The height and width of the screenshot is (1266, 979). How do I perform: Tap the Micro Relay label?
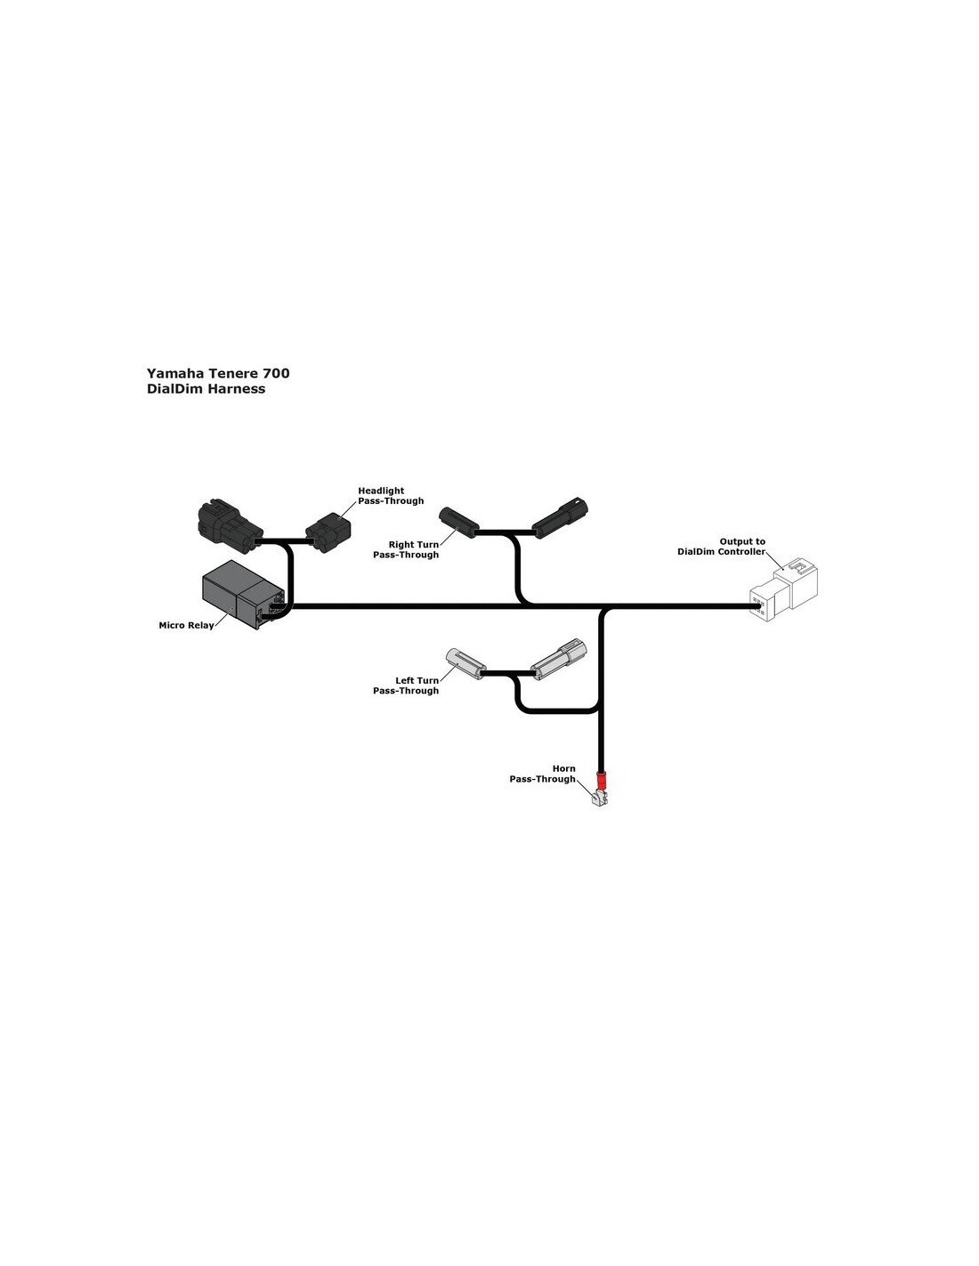pos(186,626)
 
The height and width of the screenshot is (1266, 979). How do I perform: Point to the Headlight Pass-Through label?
pos(391,496)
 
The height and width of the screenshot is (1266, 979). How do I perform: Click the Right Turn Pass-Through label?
pos(406,550)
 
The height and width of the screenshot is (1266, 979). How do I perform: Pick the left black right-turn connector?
pos(458,520)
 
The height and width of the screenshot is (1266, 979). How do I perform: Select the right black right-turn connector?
pos(560,516)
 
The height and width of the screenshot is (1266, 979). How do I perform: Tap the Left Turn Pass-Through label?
pos(406,686)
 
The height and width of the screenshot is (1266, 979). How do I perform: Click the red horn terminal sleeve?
pos(603,781)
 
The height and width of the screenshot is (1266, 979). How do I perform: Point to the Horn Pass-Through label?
pos(542,774)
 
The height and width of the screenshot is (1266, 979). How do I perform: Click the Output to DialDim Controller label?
pos(721,547)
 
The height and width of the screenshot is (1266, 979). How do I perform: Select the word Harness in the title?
pos(236,389)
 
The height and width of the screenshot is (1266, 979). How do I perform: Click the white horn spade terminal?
pos(599,799)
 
